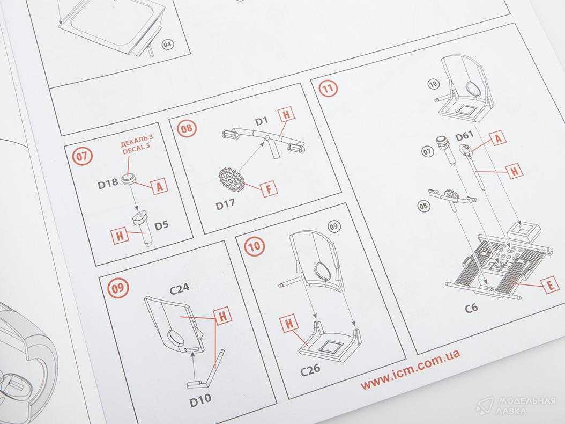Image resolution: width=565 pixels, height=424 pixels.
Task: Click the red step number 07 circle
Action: coord(83,156)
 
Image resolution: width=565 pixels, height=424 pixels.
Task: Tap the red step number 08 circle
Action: coord(187,129)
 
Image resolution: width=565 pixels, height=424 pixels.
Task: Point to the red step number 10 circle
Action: coord(255,246)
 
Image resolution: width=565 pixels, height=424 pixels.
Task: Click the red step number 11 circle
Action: coord(328,89)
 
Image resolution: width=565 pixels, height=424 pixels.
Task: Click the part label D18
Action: coord(107,184)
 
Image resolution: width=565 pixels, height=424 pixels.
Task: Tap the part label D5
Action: coord(161,225)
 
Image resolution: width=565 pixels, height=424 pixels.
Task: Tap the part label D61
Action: coord(464,137)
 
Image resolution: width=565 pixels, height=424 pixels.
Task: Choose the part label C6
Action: coord(471,308)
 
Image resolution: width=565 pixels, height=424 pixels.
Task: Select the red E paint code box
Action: coord(550,286)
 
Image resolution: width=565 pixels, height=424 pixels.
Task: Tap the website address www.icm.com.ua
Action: coord(411,370)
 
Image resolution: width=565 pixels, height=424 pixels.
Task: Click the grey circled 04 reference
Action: coord(168,45)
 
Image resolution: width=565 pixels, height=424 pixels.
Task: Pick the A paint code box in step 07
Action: coord(160,187)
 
